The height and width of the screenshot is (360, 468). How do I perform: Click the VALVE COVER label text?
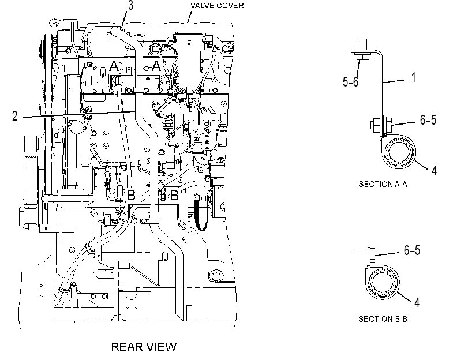click(217, 6)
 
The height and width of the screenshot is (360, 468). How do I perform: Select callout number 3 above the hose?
click(131, 6)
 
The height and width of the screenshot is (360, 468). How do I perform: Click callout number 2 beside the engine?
click(15, 116)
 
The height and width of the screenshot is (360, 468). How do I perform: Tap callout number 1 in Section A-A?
click(414, 77)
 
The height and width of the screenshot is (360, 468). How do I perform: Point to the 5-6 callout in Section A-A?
click(351, 81)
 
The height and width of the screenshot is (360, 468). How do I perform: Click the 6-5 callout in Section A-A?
click(428, 119)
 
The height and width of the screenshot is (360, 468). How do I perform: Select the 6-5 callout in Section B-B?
click(412, 250)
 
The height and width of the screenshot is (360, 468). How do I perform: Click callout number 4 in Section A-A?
click(435, 170)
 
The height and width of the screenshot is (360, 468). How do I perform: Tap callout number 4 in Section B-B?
click(417, 302)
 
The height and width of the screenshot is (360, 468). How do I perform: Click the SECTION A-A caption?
click(383, 184)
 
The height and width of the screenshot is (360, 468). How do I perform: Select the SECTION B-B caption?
click(383, 319)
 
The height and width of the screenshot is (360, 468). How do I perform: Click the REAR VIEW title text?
click(144, 347)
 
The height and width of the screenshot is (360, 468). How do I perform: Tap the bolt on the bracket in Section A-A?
click(381, 123)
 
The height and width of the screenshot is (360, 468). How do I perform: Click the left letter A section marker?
click(114, 66)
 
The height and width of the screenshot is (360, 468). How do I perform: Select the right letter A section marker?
click(156, 66)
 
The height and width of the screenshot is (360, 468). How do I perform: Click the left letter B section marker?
click(132, 196)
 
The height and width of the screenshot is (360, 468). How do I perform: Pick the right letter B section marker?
click(174, 196)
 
